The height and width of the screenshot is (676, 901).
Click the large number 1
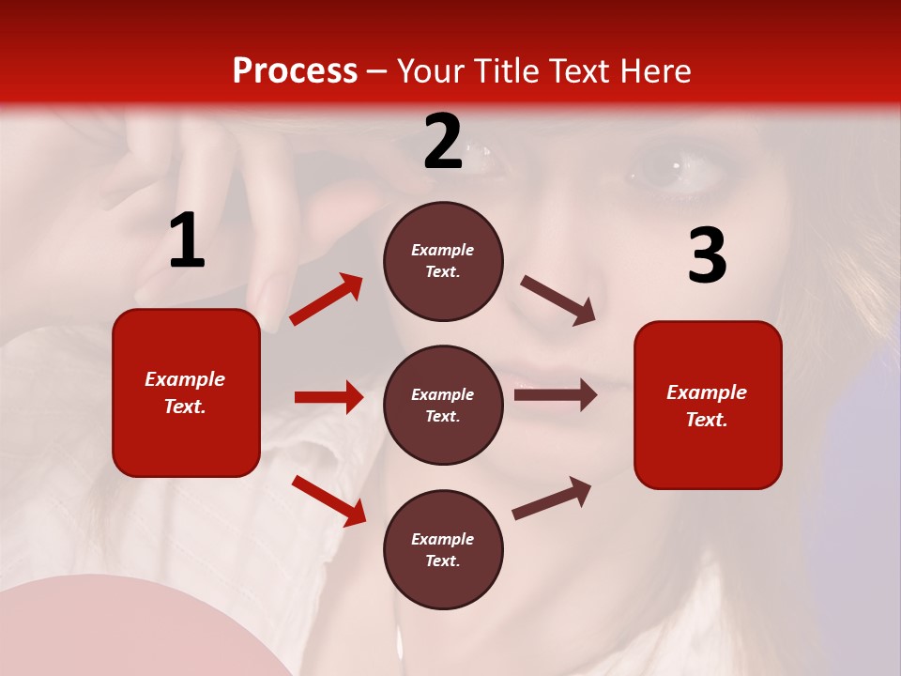pos(187,241)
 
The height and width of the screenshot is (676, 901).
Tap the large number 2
pos(443,143)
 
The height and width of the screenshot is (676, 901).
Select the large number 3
pos(707,255)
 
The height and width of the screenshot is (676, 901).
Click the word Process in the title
pos(295,70)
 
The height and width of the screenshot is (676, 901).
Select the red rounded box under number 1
pos(186,392)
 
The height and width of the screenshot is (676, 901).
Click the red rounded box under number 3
pos(708,405)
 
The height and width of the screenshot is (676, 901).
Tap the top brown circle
pos(443,261)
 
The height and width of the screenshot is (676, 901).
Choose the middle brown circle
pos(443,405)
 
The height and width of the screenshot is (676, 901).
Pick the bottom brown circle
pos(443,549)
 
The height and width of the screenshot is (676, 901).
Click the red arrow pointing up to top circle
pos(327,300)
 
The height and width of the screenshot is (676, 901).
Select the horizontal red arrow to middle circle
pos(328,397)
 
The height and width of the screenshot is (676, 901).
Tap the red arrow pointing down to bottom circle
pos(328,500)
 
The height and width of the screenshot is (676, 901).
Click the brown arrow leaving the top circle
pos(558,300)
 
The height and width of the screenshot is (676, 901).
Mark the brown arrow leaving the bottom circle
pos(552,499)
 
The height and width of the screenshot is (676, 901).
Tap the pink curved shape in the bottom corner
pos(122,629)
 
